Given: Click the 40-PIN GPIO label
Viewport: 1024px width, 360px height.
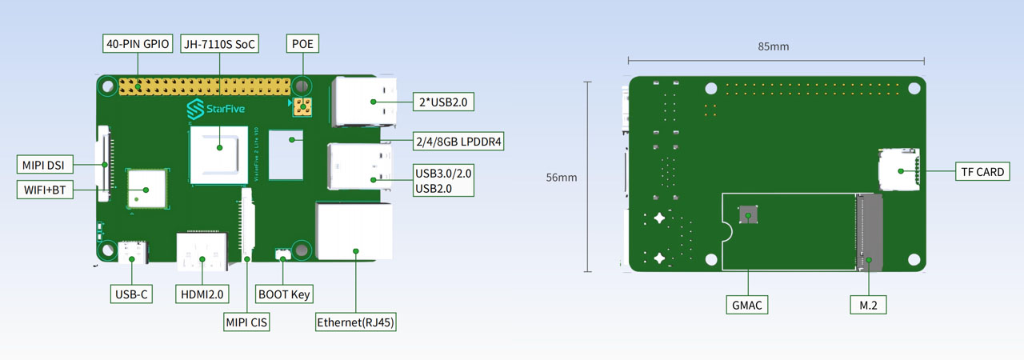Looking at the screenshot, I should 138,44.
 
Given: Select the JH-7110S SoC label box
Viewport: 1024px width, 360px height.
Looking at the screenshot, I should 218,44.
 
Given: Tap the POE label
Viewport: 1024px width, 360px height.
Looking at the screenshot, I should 302,44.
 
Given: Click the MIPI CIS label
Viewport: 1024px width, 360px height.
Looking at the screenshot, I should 246,322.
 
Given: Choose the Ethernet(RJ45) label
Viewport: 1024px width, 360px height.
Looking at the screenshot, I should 356,322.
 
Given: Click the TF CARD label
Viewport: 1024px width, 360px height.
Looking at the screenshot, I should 979,171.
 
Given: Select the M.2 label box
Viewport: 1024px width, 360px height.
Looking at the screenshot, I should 868,304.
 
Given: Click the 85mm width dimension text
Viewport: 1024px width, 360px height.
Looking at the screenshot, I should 773,46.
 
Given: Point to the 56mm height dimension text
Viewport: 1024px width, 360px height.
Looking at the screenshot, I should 562,178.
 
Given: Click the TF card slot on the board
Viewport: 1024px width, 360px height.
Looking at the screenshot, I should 898,170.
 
